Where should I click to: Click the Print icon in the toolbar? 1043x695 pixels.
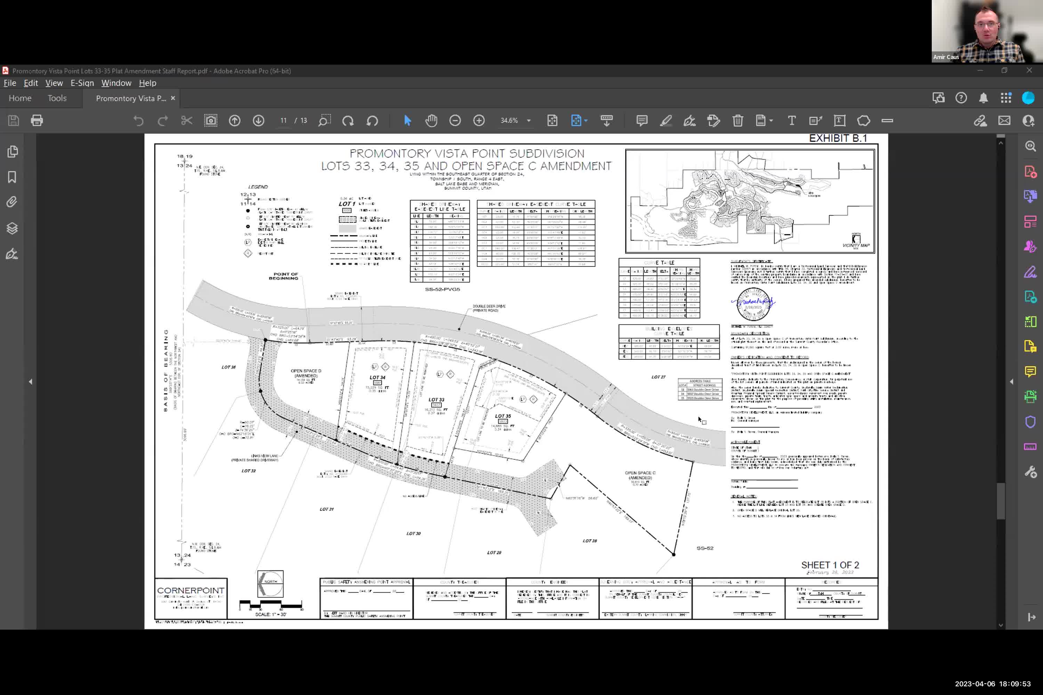click(37, 121)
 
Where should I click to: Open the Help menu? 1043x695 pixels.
click(147, 83)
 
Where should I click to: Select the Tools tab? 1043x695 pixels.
click(57, 98)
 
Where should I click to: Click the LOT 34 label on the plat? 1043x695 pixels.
click(377, 378)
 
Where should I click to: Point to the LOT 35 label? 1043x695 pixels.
click(503, 416)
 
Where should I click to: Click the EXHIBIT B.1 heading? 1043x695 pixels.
click(838, 138)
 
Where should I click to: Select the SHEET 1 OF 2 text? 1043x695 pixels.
click(830, 565)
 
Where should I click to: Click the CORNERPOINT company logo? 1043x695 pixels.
click(191, 591)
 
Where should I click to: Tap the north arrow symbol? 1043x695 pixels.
click(270, 584)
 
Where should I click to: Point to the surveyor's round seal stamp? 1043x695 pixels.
click(753, 304)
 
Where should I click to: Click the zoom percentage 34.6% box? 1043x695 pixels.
click(510, 121)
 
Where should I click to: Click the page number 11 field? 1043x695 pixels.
click(283, 121)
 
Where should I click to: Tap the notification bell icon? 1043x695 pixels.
click(983, 98)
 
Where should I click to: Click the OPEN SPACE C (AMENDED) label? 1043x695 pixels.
click(640, 475)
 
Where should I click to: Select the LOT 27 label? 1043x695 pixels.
click(658, 377)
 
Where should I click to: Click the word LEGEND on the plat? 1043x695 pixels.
click(258, 187)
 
